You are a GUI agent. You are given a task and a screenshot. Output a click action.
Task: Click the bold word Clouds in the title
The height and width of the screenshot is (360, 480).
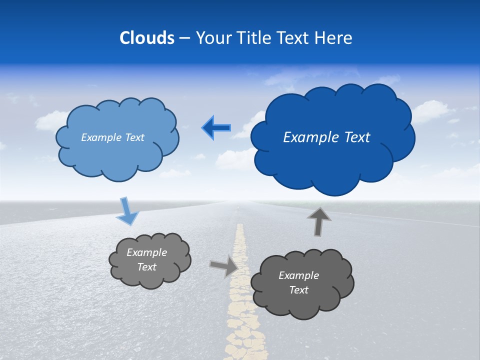[146, 38]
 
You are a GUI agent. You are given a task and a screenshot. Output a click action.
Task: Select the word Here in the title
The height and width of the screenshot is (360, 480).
[334, 38]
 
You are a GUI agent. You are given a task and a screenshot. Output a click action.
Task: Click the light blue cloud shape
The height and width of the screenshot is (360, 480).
[117, 155]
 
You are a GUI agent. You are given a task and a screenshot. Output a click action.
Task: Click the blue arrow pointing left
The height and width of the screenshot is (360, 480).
[216, 128]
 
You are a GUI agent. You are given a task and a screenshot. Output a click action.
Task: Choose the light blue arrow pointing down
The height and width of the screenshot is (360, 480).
[127, 212]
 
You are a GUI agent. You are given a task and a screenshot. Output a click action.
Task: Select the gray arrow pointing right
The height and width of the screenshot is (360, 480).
[224, 265]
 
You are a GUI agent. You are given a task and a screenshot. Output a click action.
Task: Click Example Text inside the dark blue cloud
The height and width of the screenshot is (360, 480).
[326, 137]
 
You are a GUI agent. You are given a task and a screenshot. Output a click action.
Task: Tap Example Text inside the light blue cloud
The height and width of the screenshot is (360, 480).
[112, 137]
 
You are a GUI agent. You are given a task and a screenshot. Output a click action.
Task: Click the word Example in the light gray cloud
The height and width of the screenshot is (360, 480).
[146, 252]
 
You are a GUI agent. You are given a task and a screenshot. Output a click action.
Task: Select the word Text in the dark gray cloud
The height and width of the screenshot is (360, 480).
[298, 290]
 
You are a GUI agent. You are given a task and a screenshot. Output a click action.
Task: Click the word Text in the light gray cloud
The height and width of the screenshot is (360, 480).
[146, 267]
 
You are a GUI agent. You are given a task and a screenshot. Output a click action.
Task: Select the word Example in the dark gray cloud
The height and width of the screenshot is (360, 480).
[298, 275]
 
